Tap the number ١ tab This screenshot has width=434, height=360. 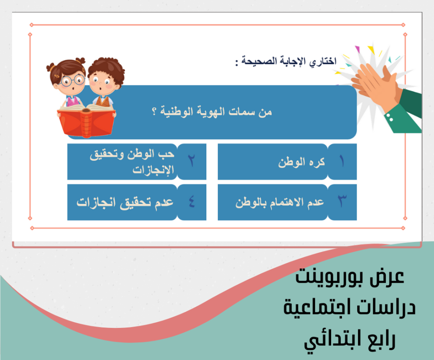coord(342,162)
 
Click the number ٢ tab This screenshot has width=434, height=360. coord(192,162)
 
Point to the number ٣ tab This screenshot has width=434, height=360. coord(342,202)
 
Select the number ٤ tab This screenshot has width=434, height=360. coord(192,202)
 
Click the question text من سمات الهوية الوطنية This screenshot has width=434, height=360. coord(212,112)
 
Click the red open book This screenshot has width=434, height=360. coord(86,121)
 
